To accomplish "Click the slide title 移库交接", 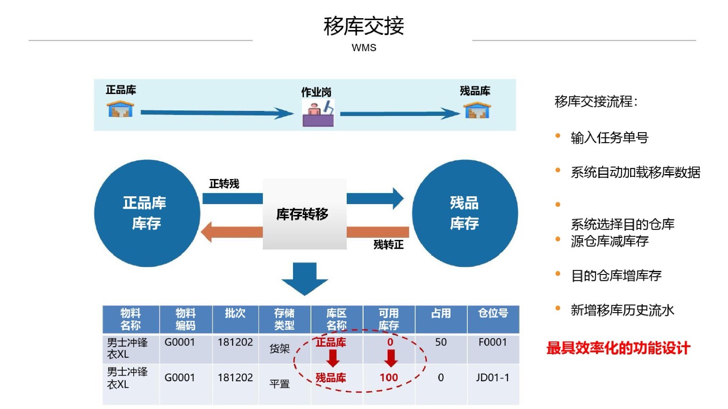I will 364,26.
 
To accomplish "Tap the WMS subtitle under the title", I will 364,47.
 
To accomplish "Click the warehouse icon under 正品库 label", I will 121,109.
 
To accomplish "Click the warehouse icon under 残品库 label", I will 477,110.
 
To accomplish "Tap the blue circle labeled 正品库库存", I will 147,213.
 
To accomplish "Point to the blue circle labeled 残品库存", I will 465,213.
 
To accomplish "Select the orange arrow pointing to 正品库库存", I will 232,232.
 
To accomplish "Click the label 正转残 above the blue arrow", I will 224,184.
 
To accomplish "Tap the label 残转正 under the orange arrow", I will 388,244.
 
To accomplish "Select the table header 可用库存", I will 389,319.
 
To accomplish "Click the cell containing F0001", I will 492,342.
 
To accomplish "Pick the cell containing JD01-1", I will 492,377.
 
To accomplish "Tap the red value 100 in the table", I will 389,377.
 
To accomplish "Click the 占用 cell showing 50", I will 440,342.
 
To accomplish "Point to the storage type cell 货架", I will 279,349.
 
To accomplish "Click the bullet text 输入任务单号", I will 609,137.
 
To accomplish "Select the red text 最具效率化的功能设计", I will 618,348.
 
